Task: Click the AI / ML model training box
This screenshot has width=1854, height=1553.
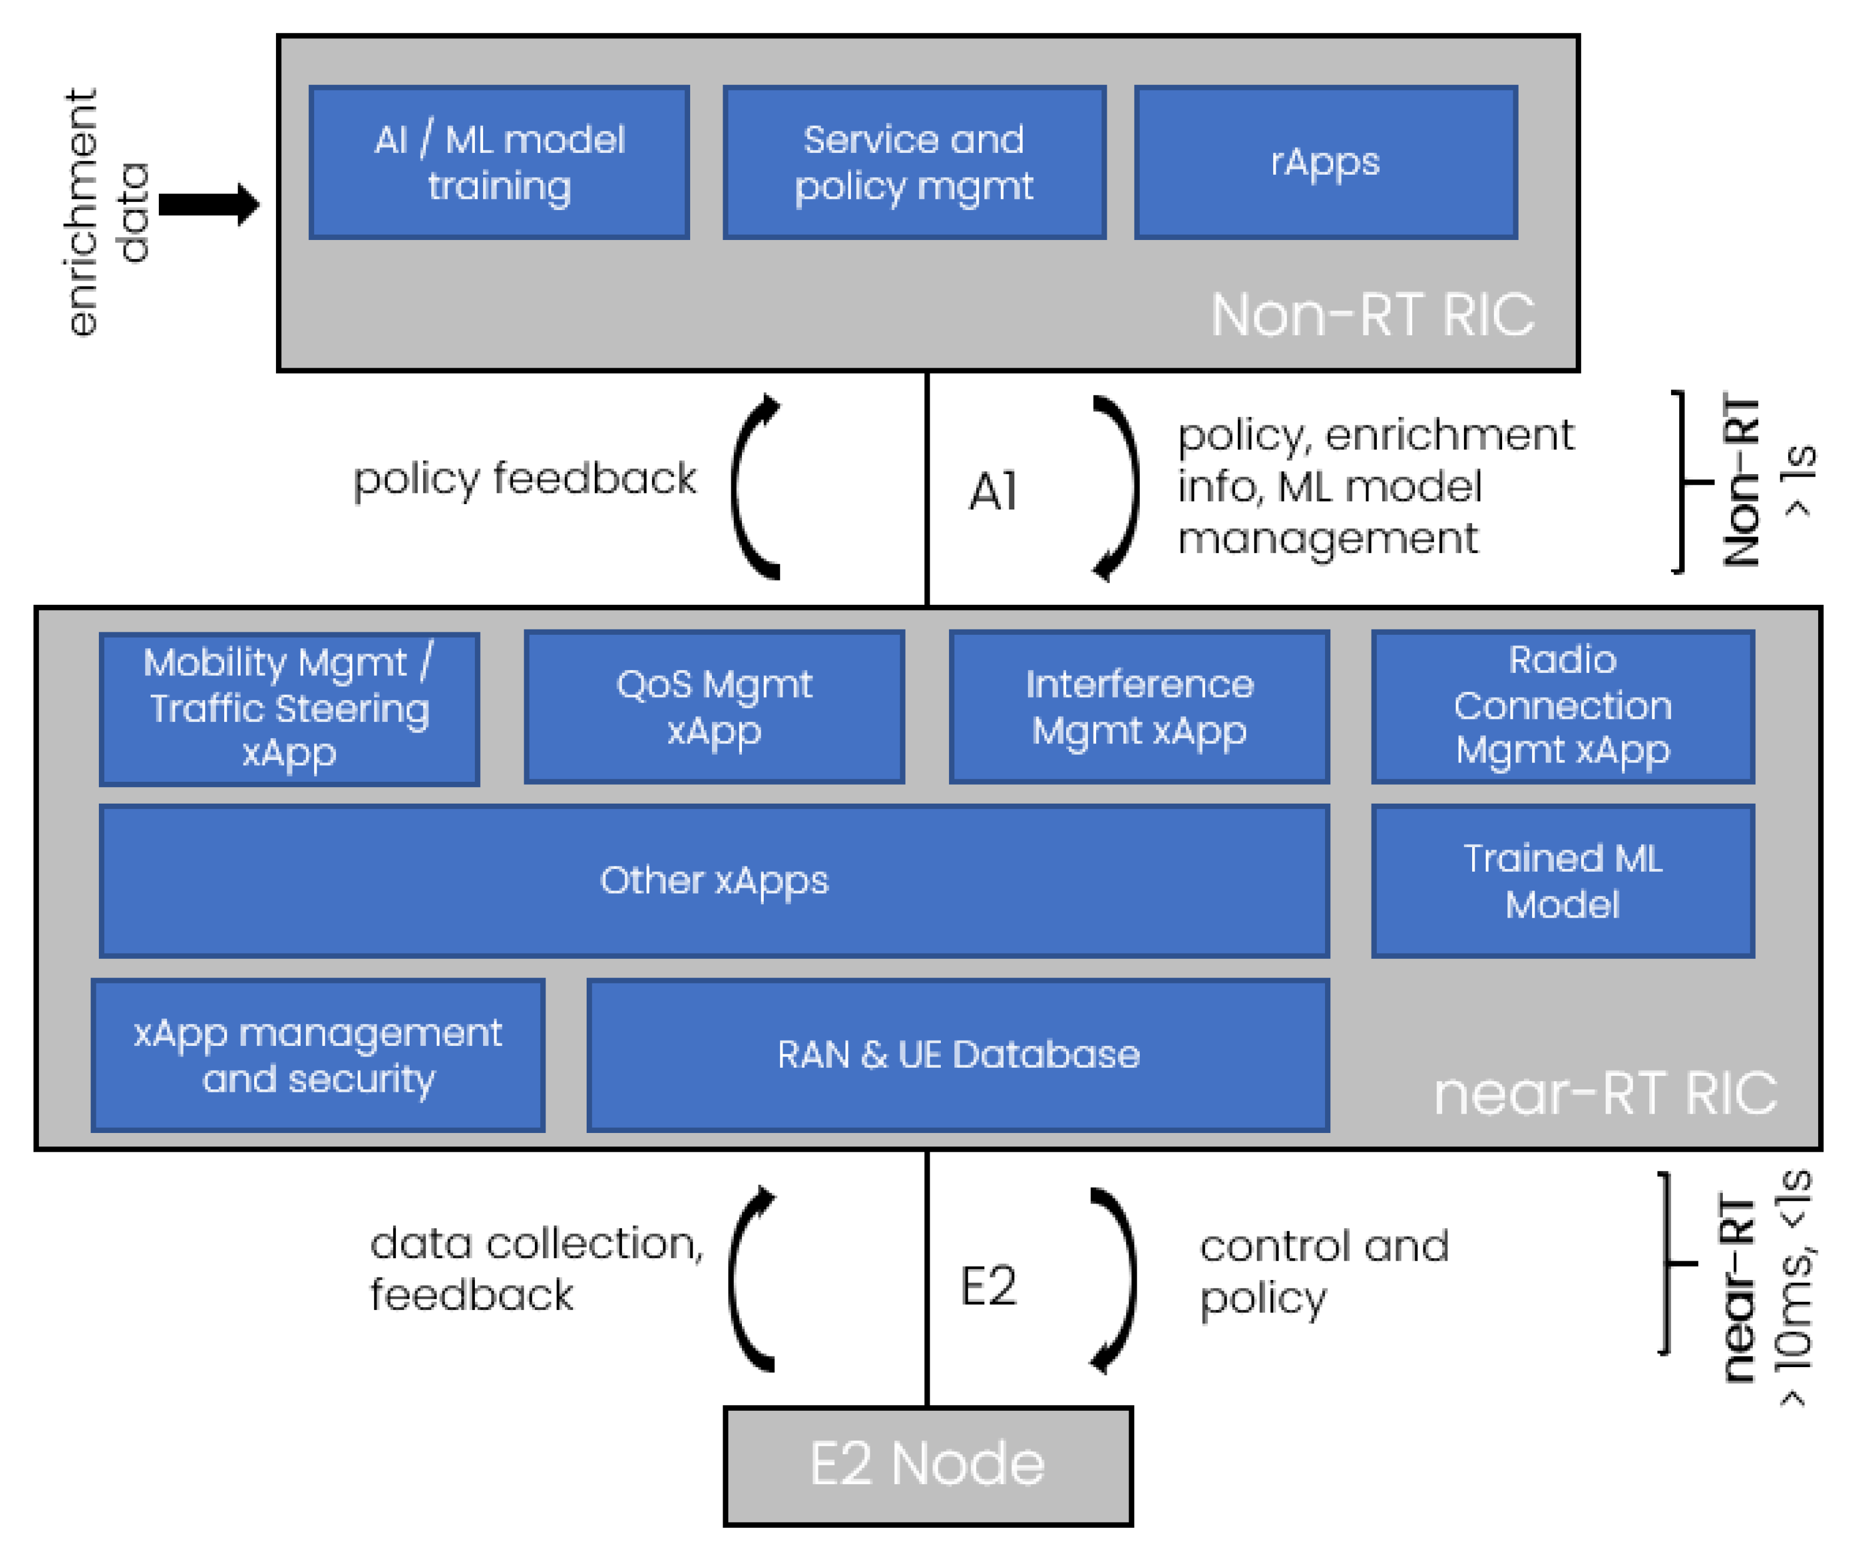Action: pos(499,162)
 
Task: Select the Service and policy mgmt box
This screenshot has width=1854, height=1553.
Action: pos(914,162)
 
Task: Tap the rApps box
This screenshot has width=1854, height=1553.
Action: pos(1325,162)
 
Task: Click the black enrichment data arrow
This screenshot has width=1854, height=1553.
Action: pos(209,205)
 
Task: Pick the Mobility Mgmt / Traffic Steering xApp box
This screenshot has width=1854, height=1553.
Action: pos(289,708)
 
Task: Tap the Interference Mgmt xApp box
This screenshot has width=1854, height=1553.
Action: pos(1139,707)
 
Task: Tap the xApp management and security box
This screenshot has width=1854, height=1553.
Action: pos(318,1055)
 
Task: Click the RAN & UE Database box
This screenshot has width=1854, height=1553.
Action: pos(958,1055)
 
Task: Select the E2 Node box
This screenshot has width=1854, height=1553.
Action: pos(927,1465)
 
